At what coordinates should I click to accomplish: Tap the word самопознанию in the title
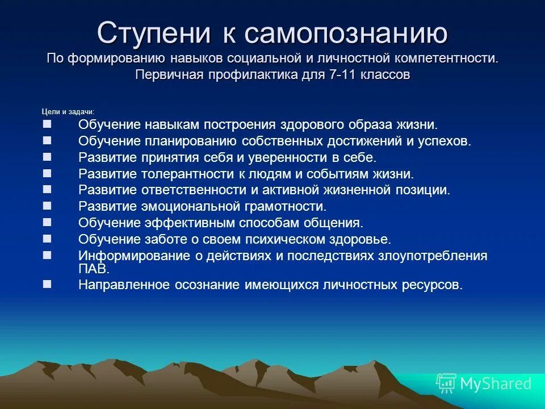coord(346,34)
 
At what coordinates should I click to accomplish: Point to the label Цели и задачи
coord(68,111)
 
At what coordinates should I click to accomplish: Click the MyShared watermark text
coord(496,383)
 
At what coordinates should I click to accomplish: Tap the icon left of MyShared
coord(446,383)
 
